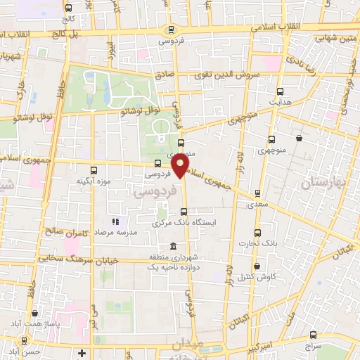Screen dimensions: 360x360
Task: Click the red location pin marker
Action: click(181, 166)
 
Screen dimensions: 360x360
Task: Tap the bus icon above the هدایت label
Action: click(281, 91)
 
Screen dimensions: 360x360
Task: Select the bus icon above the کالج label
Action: click(68, 8)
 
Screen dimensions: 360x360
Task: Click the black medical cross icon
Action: click(82, 352)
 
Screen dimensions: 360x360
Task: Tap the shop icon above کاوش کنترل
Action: click(257, 266)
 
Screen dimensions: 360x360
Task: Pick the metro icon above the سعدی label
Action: click(257, 193)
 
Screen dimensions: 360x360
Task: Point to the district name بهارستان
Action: click(324, 183)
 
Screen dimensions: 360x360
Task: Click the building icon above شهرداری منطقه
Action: click(172, 245)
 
